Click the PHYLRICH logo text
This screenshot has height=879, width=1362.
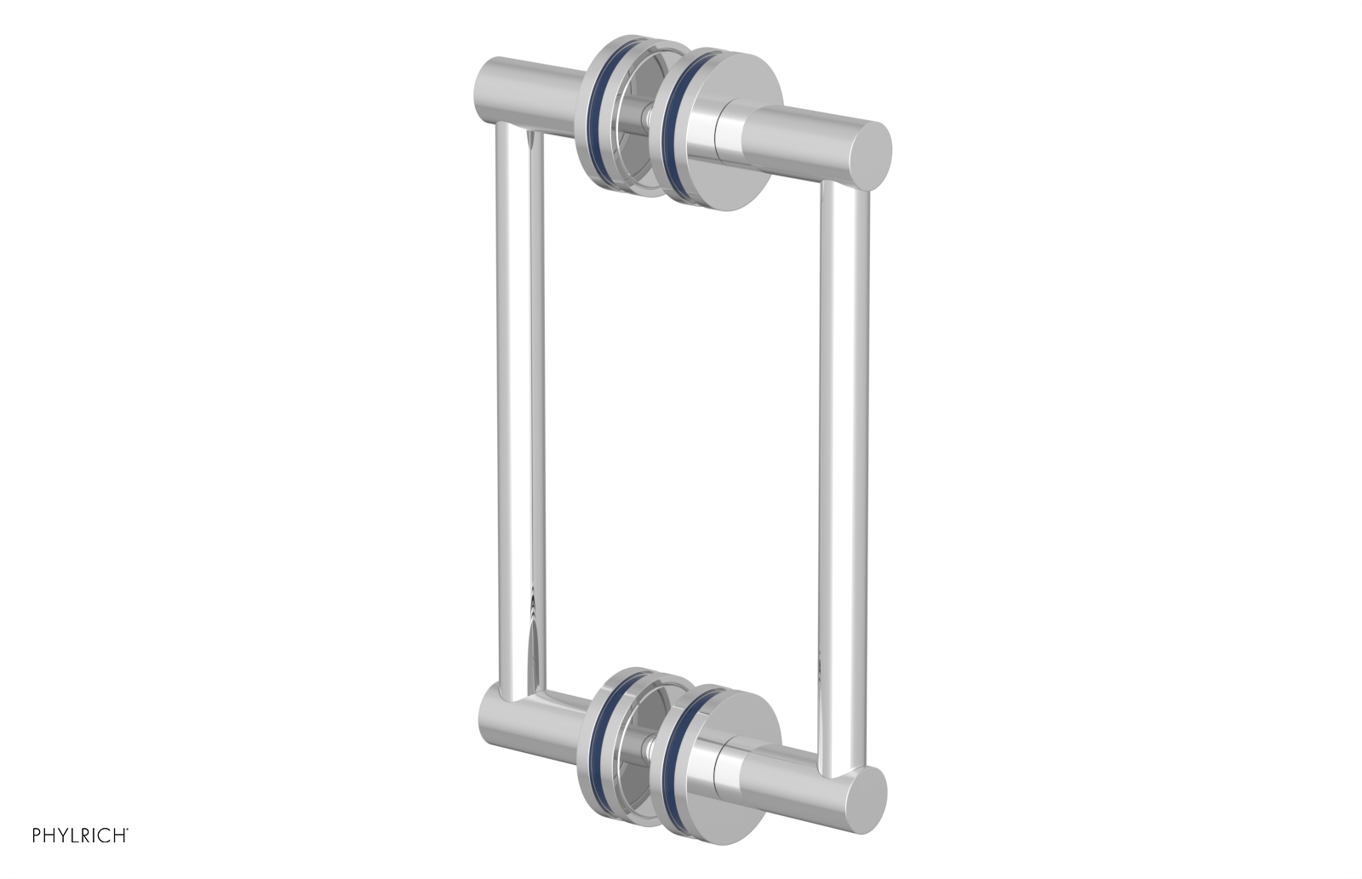click(x=80, y=836)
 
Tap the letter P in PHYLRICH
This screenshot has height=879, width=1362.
click(x=37, y=836)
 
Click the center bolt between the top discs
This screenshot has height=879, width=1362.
click(x=649, y=116)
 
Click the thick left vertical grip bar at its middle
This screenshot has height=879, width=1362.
click(x=514, y=409)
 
